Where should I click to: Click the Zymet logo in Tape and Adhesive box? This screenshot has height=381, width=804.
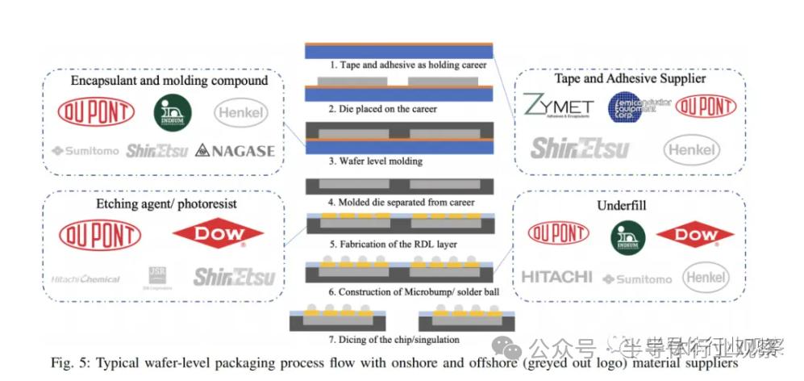(x=558, y=107)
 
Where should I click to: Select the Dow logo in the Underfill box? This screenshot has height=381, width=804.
(x=694, y=235)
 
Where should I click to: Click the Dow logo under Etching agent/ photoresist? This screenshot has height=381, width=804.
(x=218, y=234)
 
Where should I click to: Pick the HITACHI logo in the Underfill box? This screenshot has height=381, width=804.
(x=556, y=277)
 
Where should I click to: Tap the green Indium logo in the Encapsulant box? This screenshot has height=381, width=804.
(x=173, y=112)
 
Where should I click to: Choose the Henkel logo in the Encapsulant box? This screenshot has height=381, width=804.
(x=241, y=113)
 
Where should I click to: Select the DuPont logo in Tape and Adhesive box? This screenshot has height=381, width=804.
(x=706, y=107)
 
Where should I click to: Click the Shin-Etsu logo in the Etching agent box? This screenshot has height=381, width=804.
(x=234, y=277)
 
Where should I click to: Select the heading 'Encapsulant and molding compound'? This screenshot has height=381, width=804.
(x=169, y=81)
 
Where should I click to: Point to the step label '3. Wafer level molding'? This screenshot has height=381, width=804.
(x=376, y=161)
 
